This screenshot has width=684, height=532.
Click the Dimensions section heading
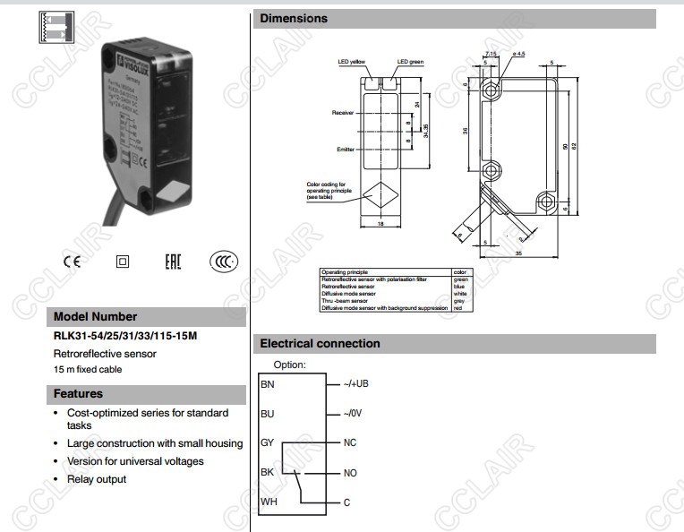(x=294, y=18)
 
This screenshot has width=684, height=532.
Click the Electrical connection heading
(x=320, y=343)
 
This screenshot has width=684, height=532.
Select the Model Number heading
(x=96, y=316)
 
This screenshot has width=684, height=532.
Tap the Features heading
(x=78, y=393)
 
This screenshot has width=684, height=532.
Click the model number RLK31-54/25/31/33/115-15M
(x=125, y=336)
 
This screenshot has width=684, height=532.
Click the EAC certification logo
(x=173, y=262)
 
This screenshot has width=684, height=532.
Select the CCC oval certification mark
(x=224, y=262)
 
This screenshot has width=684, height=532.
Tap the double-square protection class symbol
(x=123, y=262)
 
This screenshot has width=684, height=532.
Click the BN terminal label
(x=268, y=383)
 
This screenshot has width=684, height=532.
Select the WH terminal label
(x=269, y=502)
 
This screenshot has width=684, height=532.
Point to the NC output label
(x=350, y=443)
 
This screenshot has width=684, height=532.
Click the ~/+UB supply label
(x=356, y=383)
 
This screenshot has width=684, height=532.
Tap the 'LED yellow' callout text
(x=352, y=62)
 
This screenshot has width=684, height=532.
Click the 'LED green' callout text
(x=410, y=62)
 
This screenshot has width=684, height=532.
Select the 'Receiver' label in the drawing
(x=344, y=113)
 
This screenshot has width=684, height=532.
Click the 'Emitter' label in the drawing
(x=346, y=149)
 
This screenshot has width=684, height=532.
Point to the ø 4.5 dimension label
(x=519, y=55)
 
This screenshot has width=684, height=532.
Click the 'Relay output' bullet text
(x=97, y=479)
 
